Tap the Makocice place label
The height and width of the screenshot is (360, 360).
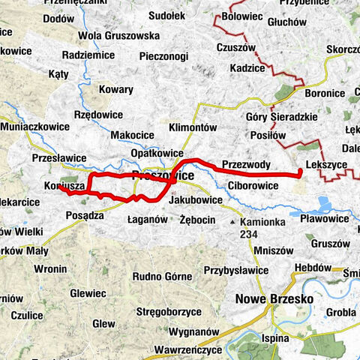(x=132, y=134)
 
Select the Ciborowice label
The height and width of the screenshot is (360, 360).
(x=253, y=184)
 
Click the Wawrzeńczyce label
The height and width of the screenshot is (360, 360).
(x=184, y=349)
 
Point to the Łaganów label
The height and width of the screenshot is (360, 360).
(x=145, y=220)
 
